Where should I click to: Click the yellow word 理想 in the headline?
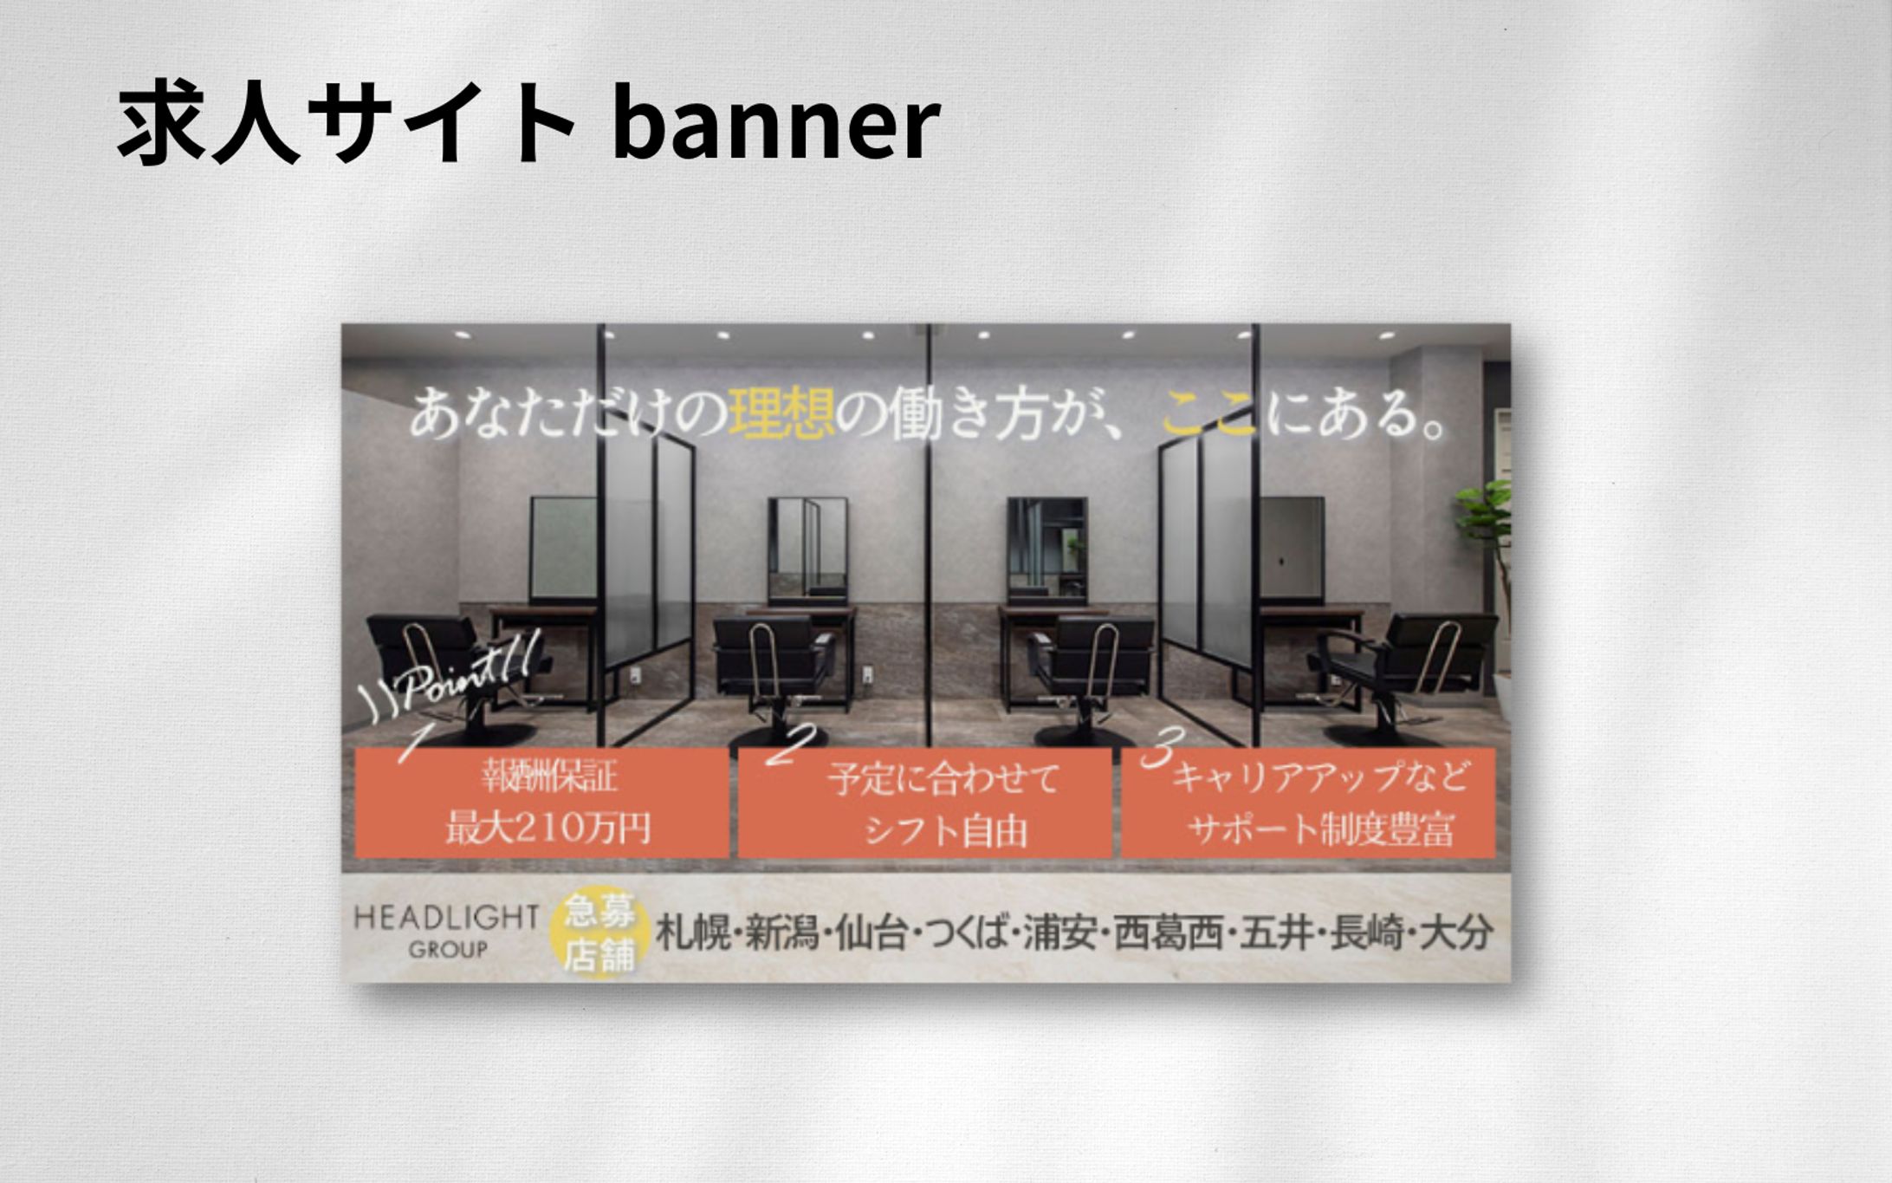click(x=782, y=412)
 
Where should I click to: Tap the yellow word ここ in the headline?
click(x=1208, y=413)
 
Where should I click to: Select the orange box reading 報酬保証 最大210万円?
click(x=541, y=803)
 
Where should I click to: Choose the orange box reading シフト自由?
click(x=924, y=803)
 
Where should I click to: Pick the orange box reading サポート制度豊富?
click(x=1308, y=803)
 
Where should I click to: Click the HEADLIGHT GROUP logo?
click(x=446, y=931)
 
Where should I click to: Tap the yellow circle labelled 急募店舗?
click(x=599, y=933)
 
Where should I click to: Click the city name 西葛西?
click(x=1168, y=933)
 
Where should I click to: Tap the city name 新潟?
click(x=782, y=933)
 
